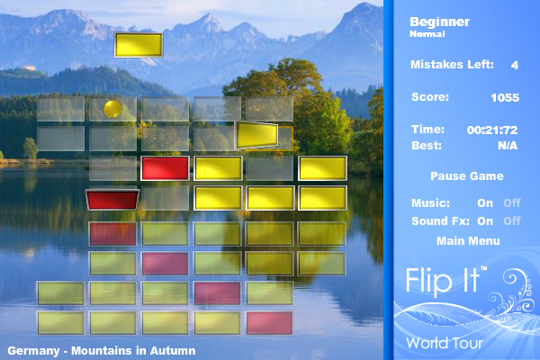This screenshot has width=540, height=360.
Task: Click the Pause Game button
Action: tap(466, 176)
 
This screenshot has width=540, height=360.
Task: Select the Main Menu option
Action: tap(468, 241)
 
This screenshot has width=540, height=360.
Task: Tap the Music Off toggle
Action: tap(512, 202)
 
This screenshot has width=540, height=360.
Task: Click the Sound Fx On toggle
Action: tap(485, 220)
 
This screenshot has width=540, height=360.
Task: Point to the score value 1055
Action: tap(505, 97)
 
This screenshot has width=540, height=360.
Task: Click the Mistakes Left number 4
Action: tap(515, 65)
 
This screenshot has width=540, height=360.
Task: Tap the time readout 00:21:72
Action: tap(492, 130)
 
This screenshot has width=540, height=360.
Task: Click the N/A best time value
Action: tap(508, 146)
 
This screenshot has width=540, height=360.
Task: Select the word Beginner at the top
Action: tap(439, 22)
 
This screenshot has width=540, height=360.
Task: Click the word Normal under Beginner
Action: tap(427, 34)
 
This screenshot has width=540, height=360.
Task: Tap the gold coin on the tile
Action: tap(112, 109)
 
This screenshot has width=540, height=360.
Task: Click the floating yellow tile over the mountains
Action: tap(139, 45)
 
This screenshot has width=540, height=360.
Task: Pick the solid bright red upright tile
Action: tap(165, 168)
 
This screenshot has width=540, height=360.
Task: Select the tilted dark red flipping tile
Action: tap(112, 200)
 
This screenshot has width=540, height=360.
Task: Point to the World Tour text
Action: tap(445, 343)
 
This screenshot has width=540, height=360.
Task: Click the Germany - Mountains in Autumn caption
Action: tap(102, 351)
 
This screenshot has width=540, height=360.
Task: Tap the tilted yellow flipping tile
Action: tap(257, 136)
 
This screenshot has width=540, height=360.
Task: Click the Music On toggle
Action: tap(485, 202)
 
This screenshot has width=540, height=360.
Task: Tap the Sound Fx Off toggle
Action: tap(512, 220)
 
